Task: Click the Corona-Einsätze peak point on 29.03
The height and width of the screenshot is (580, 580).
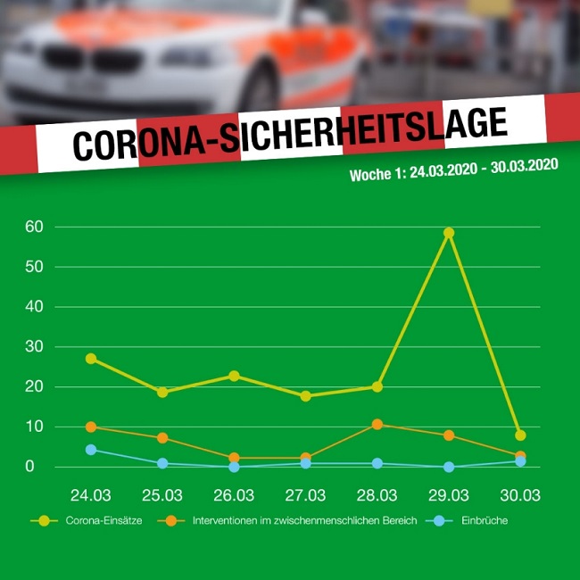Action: (x=449, y=233)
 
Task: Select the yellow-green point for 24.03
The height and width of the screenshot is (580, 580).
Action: (x=91, y=359)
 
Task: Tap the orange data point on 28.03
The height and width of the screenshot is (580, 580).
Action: (x=377, y=424)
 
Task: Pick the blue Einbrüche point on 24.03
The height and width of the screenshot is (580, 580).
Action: (x=91, y=450)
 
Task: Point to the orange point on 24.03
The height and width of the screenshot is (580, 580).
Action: (x=91, y=427)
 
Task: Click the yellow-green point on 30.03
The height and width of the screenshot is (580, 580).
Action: (x=520, y=435)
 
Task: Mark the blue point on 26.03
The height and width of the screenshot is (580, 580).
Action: (x=234, y=467)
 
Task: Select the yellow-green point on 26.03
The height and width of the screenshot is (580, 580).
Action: (x=234, y=376)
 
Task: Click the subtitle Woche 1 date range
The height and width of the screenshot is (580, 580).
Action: (x=454, y=170)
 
